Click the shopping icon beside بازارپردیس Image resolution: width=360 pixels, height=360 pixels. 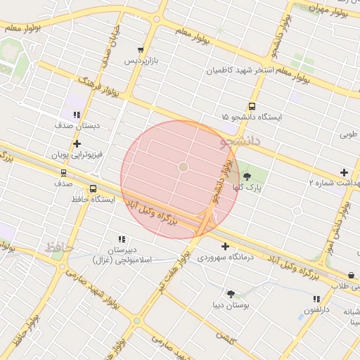[141, 51]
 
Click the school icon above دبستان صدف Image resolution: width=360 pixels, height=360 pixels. [77, 114]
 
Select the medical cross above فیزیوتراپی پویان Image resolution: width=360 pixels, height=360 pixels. [77, 143]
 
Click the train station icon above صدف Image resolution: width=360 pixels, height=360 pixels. [64, 172]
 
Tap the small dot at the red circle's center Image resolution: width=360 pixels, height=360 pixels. [183, 167]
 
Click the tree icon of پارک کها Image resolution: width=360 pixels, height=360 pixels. [247, 176]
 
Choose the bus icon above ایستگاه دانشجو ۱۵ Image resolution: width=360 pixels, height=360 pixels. [261, 106]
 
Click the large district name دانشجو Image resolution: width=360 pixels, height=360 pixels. [240, 142]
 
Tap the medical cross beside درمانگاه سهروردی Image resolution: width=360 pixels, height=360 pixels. [225, 246]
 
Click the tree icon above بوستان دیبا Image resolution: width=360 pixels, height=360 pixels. [230, 293]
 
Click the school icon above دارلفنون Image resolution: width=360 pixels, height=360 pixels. [316, 299]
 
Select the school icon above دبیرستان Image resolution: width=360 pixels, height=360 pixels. [122, 239]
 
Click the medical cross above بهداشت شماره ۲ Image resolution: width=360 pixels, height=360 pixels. [344, 172]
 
